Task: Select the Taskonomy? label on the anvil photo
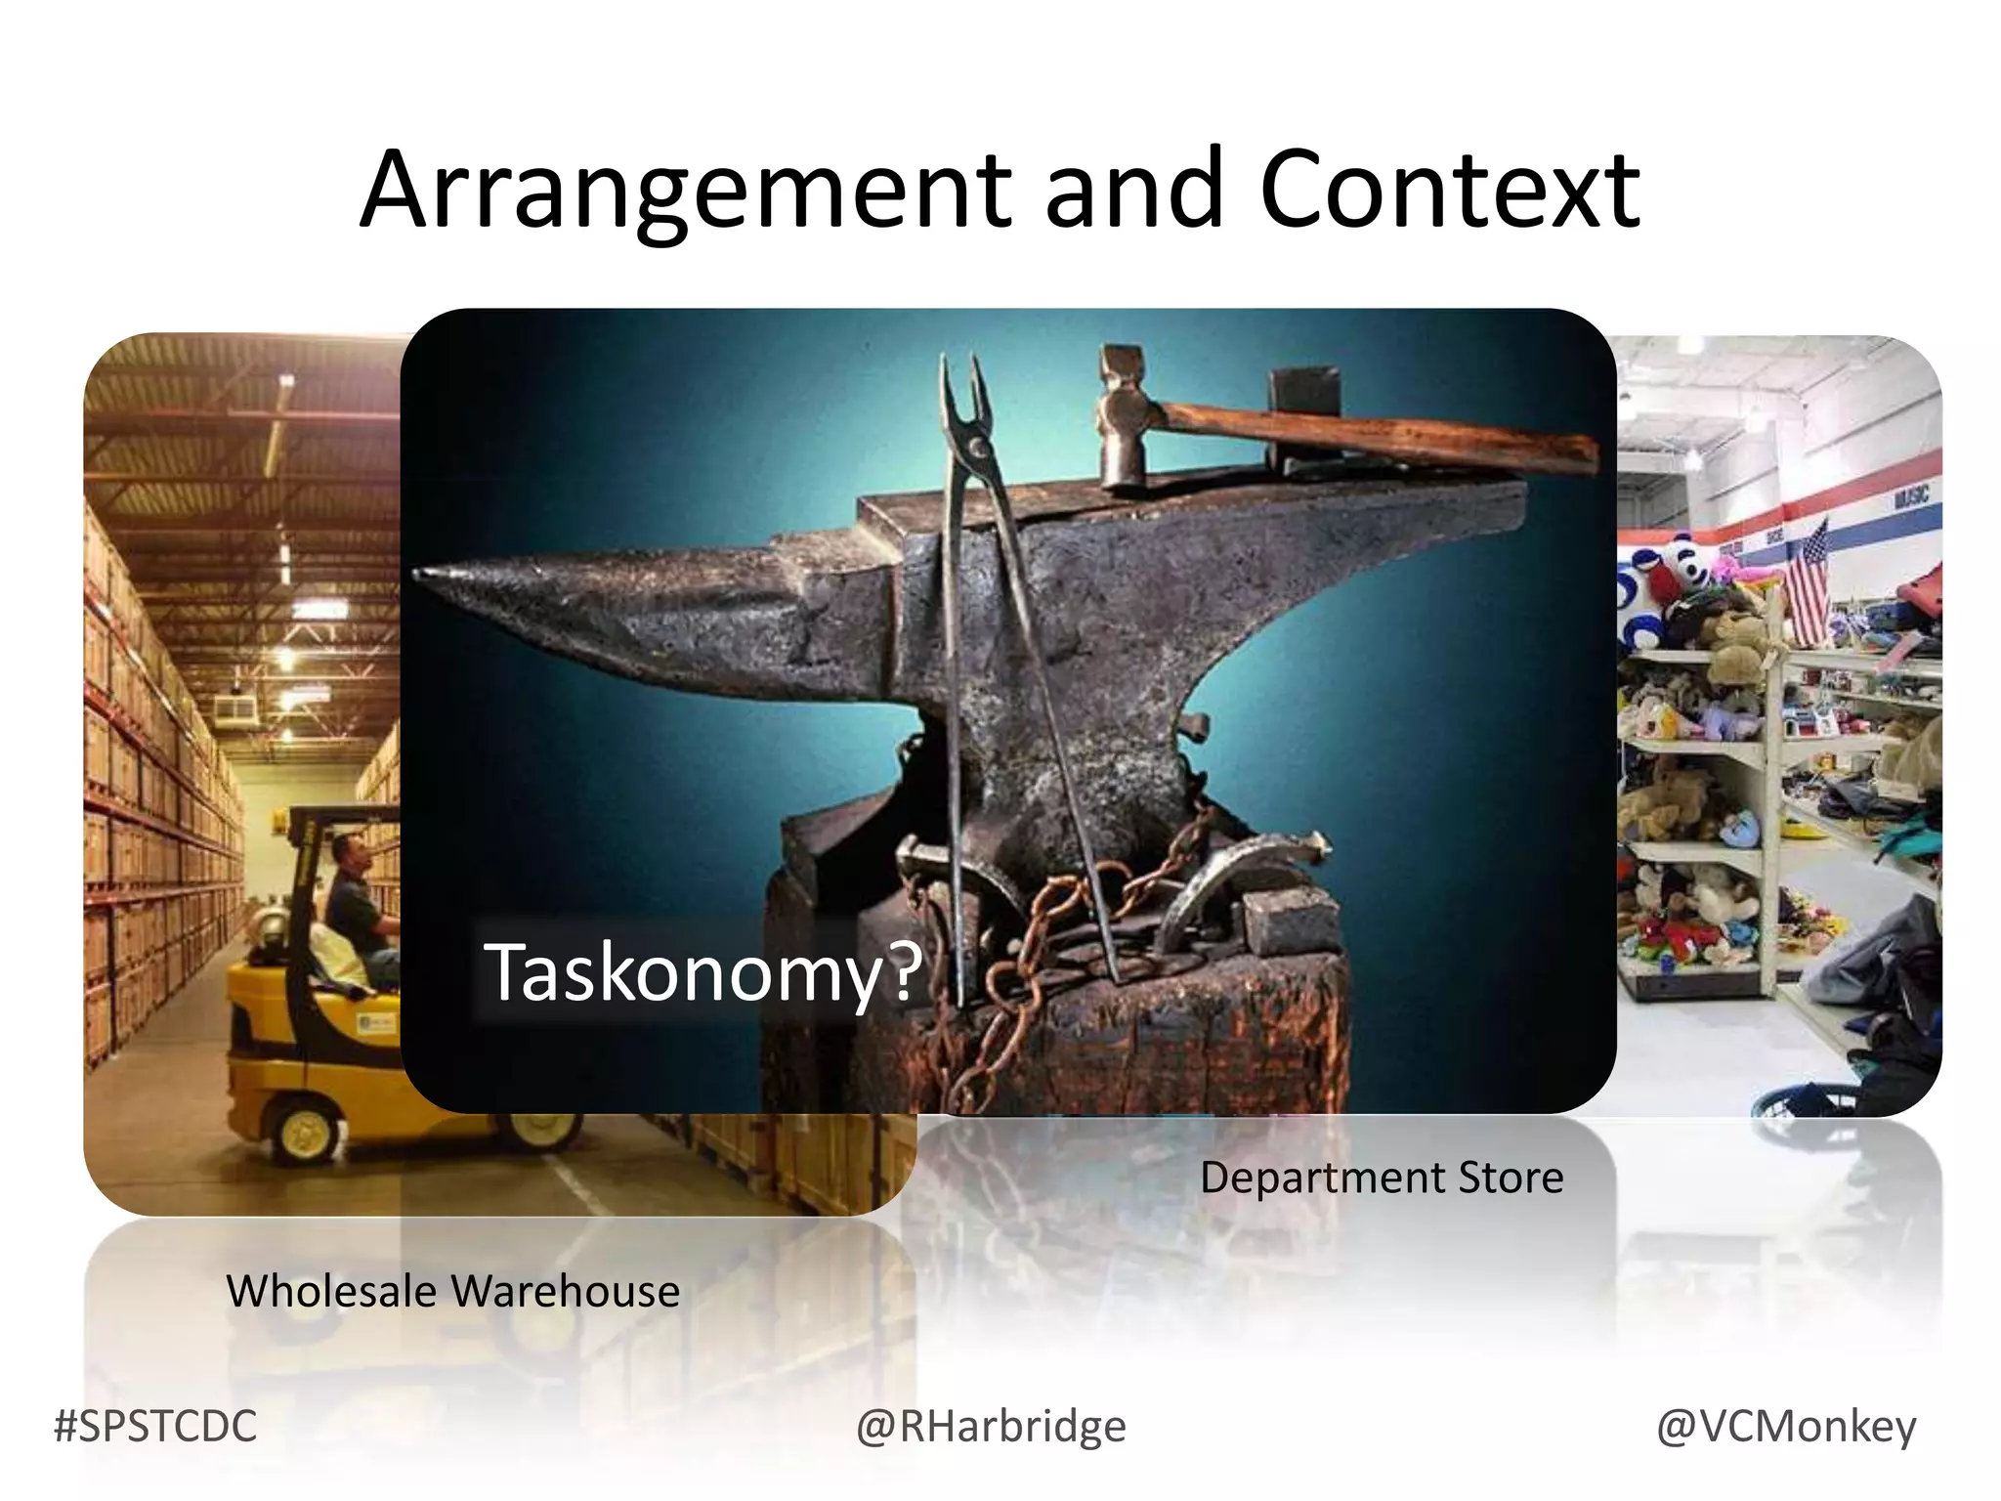tap(702, 971)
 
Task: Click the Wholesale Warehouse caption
tap(452, 1291)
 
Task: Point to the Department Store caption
tap(1381, 1178)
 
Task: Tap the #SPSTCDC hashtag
tap(155, 1427)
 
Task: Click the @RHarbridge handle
tap(991, 1427)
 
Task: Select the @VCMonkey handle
tap(1785, 1427)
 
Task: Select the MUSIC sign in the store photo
tap(1910, 497)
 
